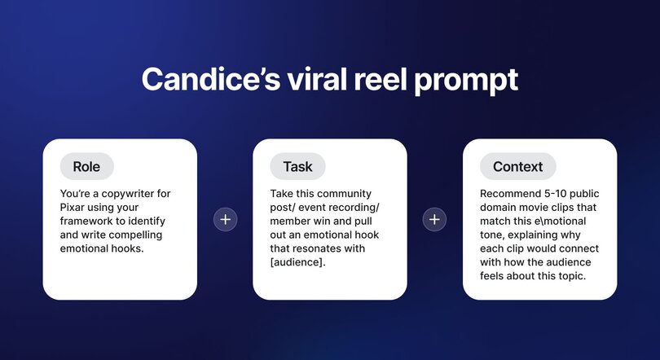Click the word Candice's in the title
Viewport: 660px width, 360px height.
coord(209,81)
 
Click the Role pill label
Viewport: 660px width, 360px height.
coord(86,166)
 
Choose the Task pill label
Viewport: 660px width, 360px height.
coord(297,166)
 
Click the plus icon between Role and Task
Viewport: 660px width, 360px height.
coord(225,219)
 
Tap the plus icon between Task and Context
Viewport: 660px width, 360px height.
coord(435,219)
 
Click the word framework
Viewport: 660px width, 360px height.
coord(87,222)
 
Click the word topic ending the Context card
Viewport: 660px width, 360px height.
coord(575,277)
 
